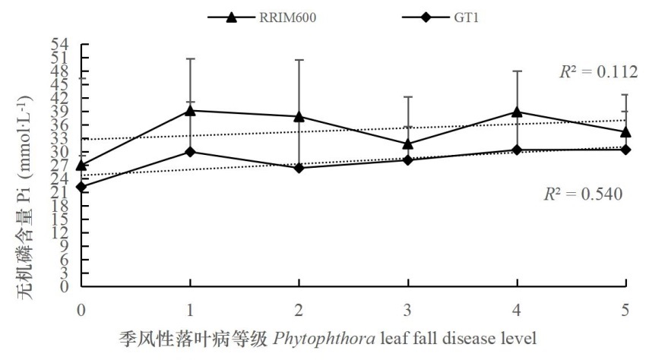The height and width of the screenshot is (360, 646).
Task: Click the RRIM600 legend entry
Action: point(262,17)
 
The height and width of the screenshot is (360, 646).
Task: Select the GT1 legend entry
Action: point(440,17)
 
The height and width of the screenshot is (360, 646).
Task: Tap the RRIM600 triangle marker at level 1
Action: point(190,110)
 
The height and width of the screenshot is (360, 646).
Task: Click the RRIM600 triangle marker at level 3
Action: point(408,144)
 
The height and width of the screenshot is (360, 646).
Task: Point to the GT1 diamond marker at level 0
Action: point(81,187)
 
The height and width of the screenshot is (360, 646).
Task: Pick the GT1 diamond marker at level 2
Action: point(299,168)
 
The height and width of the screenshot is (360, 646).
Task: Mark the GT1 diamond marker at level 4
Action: point(517,150)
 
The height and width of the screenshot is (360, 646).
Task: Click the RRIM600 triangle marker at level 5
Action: point(625,132)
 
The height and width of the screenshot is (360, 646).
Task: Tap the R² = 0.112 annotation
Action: point(599,71)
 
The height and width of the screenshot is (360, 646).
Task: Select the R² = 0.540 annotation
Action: point(584,194)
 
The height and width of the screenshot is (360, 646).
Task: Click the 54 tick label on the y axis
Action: point(60,44)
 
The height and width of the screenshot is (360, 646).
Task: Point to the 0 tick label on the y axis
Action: point(65,286)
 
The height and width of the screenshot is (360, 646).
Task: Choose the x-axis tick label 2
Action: point(299,310)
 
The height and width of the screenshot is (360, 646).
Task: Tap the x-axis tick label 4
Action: point(517,310)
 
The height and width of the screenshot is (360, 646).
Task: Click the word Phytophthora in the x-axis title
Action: point(325,339)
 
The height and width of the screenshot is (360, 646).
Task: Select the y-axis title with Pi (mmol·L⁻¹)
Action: point(25,197)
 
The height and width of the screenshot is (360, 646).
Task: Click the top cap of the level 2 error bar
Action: point(299,60)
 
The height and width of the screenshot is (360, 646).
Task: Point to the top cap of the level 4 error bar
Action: point(517,71)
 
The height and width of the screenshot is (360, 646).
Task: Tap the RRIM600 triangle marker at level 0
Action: point(81,165)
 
